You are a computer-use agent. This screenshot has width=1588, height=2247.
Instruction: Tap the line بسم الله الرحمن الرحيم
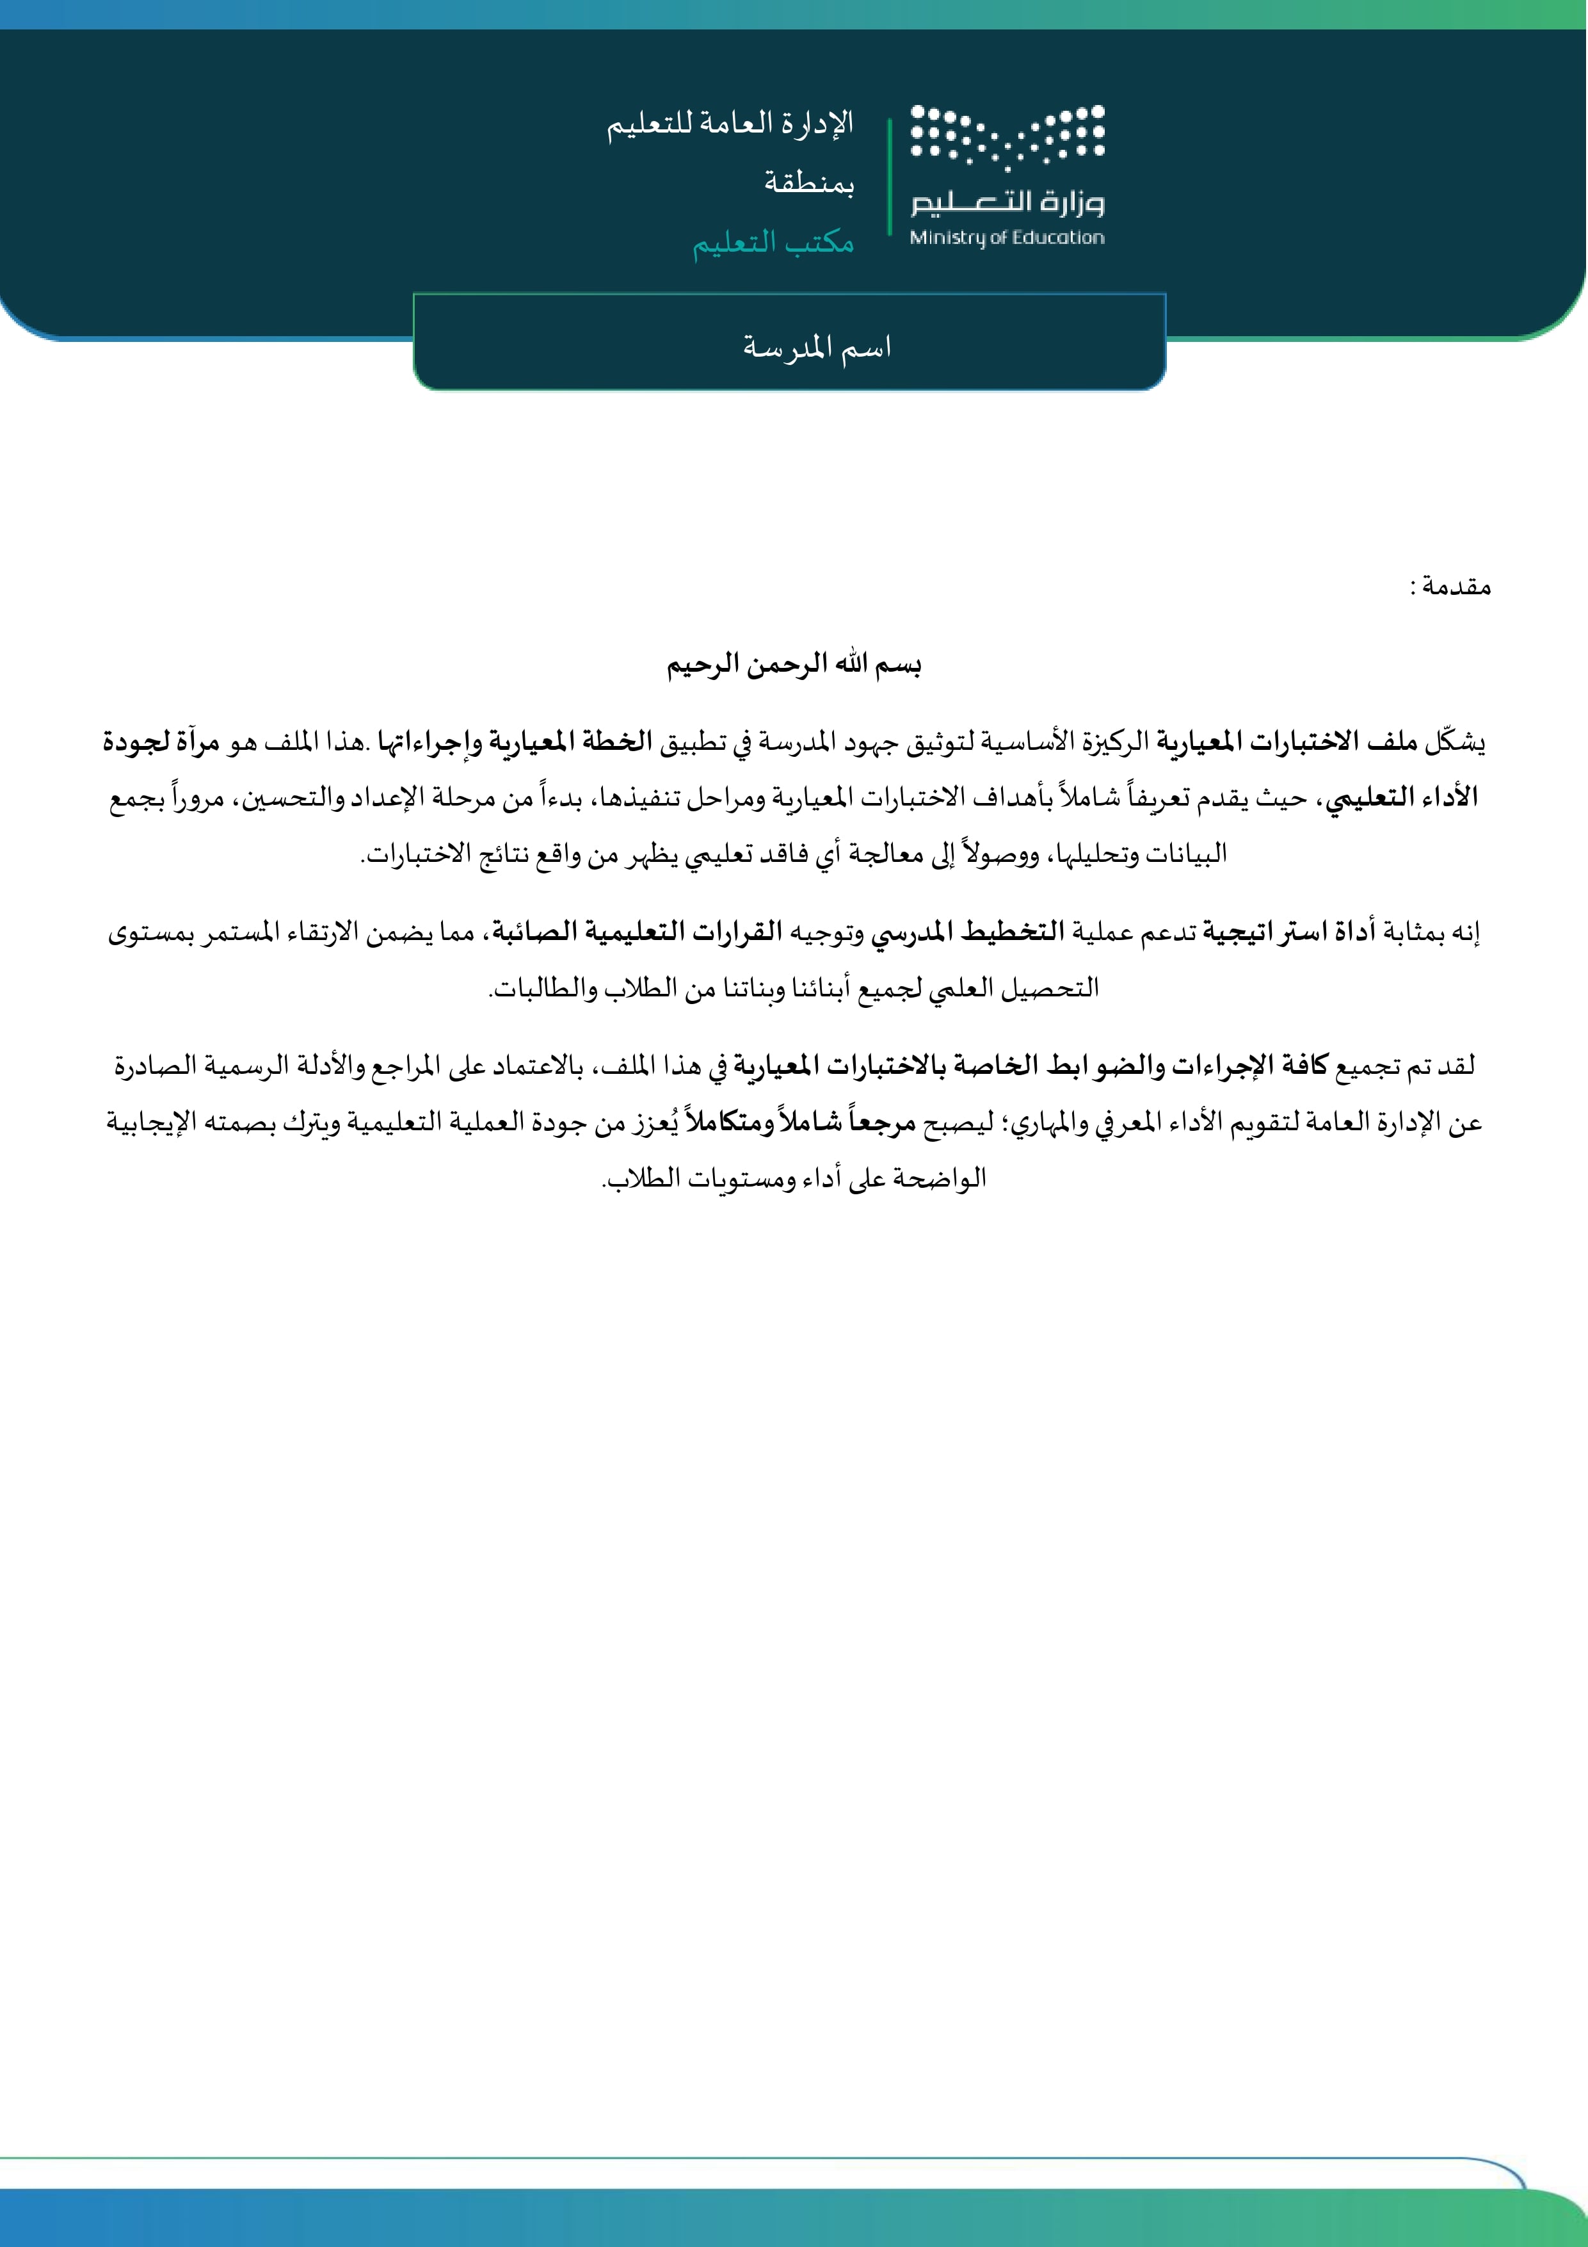(x=794, y=665)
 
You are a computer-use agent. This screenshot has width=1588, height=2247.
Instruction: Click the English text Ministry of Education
(x=1007, y=237)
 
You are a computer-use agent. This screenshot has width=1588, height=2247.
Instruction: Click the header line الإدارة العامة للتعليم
(x=730, y=124)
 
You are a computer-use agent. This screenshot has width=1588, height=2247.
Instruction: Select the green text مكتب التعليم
(x=773, y=241)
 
